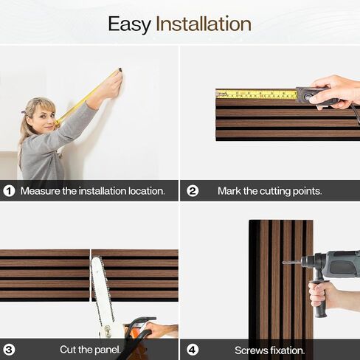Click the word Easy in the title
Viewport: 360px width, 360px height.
129,24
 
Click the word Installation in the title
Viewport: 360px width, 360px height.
204,24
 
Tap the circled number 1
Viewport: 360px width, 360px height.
9,191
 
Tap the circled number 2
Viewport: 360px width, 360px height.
193,191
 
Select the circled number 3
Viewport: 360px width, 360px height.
9,350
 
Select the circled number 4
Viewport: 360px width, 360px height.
193,350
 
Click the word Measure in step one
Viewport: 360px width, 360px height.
40,191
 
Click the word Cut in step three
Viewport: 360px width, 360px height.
68,350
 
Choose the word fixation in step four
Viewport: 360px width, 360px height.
287,350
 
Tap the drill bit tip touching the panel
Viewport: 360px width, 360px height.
283,263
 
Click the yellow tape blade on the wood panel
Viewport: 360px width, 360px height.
256,94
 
